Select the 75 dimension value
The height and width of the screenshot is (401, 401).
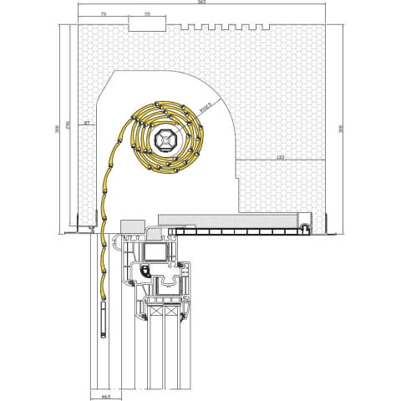(x=103, y=15)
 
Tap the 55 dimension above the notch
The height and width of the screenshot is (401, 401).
(x=147, y=15)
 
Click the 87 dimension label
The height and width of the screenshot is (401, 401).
(x=87, y=124)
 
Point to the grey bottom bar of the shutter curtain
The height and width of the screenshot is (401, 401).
(x=104, y=320)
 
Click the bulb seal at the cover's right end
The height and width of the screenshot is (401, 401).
(x=307, y=225)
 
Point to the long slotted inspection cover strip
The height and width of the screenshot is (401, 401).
(x=238, y=229)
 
